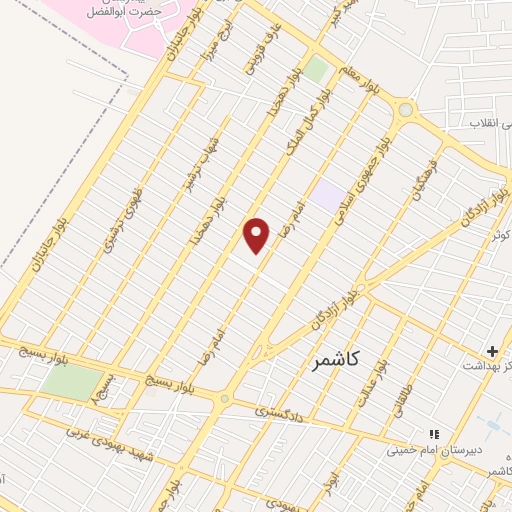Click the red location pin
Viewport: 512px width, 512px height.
(x=257, y=236)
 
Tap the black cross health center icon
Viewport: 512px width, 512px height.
(x=491, y=352)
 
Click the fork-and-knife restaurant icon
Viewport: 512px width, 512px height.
(x=434, y=434)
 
